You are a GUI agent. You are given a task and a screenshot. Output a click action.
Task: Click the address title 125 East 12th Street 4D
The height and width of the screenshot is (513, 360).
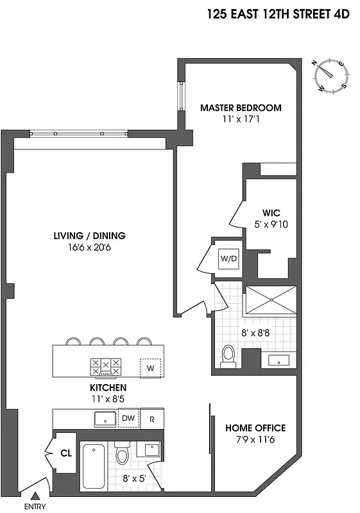279,15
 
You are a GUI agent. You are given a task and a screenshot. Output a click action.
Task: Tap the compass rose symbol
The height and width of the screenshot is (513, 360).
331,74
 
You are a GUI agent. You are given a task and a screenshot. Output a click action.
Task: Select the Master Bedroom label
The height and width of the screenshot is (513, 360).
241,108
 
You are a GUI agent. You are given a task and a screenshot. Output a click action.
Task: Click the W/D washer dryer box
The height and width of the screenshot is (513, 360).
229,258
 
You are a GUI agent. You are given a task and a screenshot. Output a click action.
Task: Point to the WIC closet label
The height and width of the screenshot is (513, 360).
271,213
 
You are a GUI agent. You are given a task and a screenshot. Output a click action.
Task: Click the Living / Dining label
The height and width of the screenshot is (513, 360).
89,235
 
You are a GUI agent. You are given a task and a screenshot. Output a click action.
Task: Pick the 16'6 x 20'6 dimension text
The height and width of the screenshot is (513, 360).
89,248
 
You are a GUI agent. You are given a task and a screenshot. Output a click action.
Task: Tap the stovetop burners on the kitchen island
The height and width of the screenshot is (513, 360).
106,366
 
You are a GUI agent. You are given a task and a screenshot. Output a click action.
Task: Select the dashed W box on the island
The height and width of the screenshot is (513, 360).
150,367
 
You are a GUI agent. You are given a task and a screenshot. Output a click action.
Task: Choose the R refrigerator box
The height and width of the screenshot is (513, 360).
152,419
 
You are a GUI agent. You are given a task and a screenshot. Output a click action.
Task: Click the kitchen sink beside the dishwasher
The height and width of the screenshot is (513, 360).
103,419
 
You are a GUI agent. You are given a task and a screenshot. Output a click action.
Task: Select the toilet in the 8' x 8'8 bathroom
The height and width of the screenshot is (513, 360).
228,357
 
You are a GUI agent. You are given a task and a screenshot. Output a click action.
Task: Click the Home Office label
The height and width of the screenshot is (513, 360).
255,428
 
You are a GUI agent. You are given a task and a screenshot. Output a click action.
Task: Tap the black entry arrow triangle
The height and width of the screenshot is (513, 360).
35,494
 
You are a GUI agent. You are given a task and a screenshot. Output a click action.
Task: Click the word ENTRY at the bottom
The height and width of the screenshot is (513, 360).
35,507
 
